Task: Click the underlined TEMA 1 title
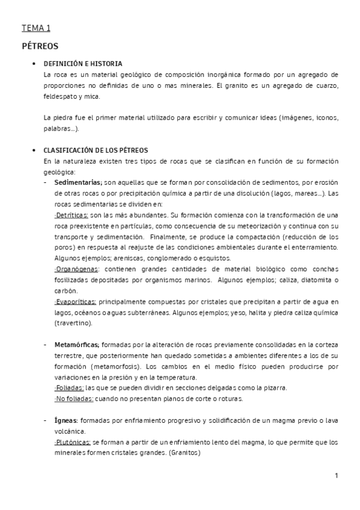point(36,28)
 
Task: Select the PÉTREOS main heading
point(40,45)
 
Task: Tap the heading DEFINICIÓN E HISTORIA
point(84,63)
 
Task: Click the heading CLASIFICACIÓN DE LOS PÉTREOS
point(96,150)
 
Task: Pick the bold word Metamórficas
point(78,345)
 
